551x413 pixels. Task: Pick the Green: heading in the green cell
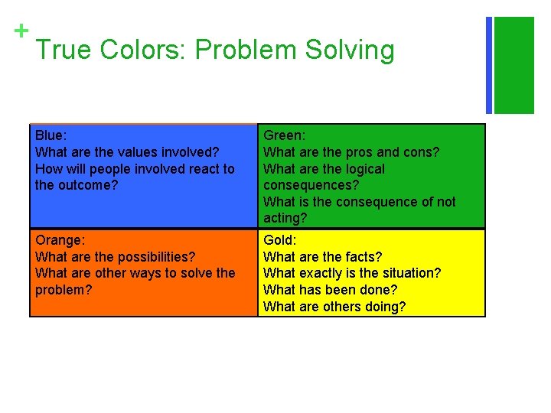click(285, 135)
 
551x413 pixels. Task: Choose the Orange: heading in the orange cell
click(60, 240)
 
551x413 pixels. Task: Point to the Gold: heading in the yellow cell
click(280, 240)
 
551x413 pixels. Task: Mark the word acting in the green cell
click(283, 220)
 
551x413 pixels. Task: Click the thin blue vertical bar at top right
click(489, 65)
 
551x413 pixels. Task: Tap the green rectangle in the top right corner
click(514, 65)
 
